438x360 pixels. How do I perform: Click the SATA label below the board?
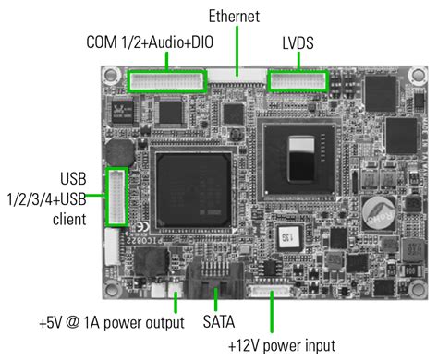coord(219,325)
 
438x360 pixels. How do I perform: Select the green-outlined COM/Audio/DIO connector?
coord(168,81)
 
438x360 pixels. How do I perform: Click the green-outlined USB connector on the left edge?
coord(116,197)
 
